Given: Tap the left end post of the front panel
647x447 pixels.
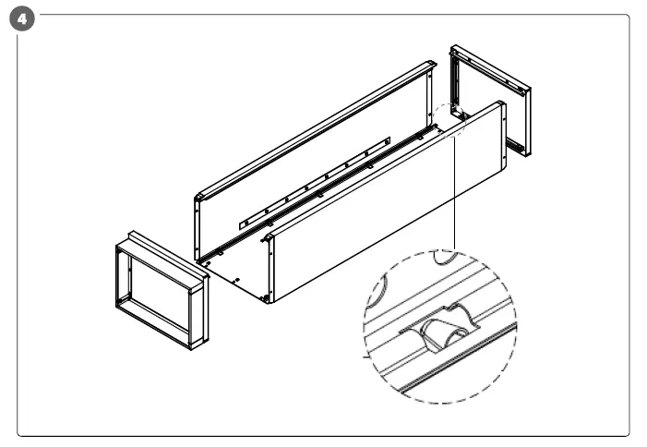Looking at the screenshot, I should (268, 268).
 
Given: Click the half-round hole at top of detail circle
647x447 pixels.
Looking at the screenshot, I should (448, 258).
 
